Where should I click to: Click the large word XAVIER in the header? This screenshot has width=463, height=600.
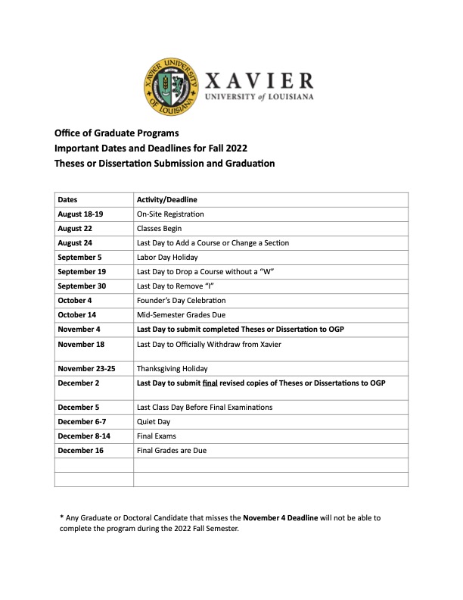(x=259, y=81)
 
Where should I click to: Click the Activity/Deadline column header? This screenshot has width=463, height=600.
(x=166, y=199)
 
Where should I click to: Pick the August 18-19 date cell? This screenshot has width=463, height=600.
(x=80, y=214)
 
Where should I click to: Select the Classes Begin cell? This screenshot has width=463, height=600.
(x=159, y=228)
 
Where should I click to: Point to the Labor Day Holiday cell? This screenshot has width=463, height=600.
(x=167, y=257)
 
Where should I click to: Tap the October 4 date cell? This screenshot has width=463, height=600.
(x=76, y=300)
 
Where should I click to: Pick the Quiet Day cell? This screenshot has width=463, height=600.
(x=154, y=422)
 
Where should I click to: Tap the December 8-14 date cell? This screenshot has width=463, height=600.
(x=83, y=436)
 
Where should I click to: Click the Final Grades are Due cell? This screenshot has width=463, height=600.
(x=172, y=451)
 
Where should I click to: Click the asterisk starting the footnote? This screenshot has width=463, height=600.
(x=61, y=517)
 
